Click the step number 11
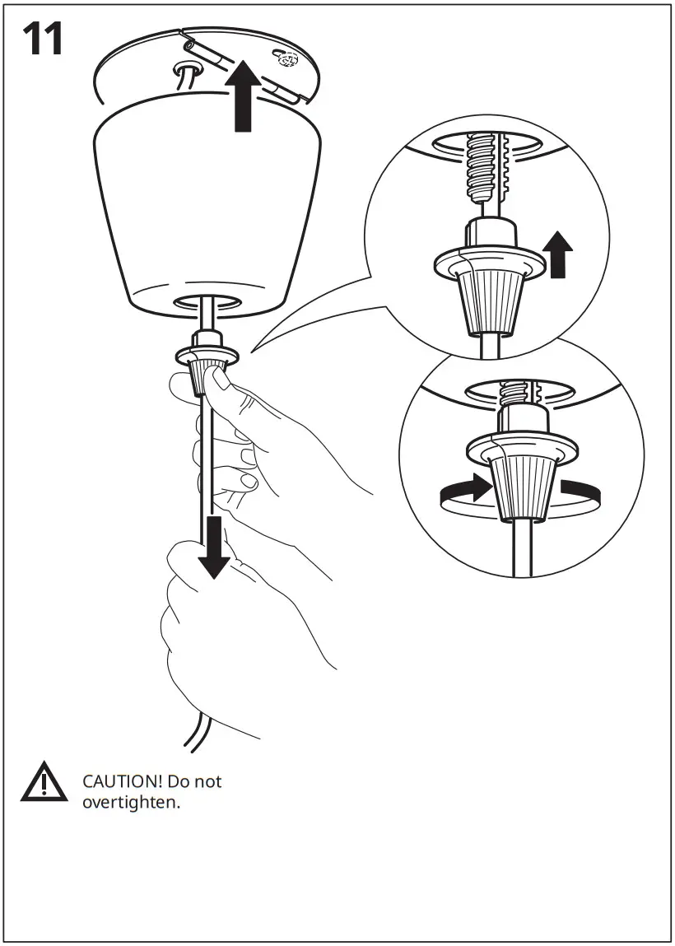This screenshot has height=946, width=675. (44, 40)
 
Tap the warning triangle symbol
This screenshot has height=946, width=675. (44, 783)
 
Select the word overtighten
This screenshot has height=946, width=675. (130, 801)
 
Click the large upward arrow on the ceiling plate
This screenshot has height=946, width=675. (243, 98)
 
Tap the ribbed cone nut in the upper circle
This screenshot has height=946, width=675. (488, 304)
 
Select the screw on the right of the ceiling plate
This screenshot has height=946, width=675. (286, 59)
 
